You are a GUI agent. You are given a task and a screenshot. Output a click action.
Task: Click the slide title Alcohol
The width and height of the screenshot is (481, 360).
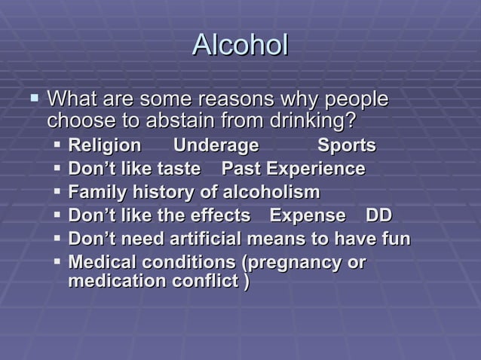pos(240,44)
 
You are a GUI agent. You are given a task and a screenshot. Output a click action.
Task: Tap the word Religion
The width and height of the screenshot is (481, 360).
pos(104,145)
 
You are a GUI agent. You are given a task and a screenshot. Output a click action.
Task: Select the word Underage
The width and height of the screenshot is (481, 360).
pos(216,145)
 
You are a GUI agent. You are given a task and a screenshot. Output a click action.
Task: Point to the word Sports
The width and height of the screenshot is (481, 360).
pos(346,145)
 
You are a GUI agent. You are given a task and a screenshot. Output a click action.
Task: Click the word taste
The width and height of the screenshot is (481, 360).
pos(178,169)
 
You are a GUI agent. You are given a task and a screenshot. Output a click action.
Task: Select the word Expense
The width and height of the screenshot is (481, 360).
pos(308,215)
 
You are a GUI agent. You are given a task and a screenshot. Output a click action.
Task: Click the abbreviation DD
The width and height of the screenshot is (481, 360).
pos(378,215)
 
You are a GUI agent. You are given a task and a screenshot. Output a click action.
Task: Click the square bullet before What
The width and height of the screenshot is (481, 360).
pos(33,98)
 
